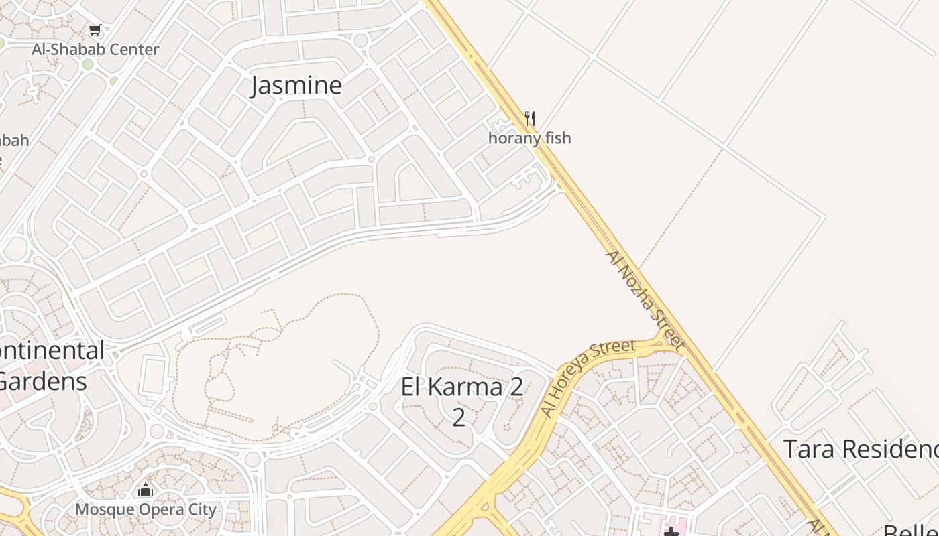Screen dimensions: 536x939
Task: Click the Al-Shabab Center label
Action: coord(95,50)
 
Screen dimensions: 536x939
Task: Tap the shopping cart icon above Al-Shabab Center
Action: coord(95,29)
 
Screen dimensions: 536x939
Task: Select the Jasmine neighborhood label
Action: coord(296,86)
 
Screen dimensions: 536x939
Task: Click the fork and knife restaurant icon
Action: coord(530,119)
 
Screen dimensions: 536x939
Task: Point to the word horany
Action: coord(514,138)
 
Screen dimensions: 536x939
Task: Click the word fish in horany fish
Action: coord(557,138)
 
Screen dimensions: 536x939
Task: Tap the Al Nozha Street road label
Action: coord(645,301)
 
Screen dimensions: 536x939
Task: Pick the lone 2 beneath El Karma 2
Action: coord(458,417)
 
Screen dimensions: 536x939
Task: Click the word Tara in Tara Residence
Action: coord(810,449)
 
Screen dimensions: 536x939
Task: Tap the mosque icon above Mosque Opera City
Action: coord(146,490)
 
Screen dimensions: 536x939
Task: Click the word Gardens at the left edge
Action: coord(42,382)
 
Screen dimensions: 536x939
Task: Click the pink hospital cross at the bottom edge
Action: coord(671,531)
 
